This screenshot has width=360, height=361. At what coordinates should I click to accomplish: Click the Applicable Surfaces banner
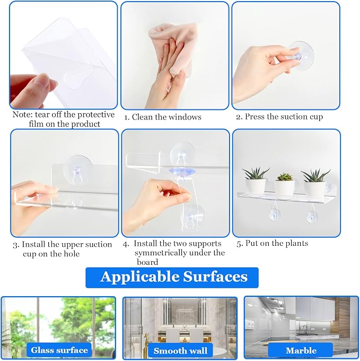coord(172,278)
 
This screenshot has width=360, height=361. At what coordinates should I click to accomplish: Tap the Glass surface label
coord(59,350)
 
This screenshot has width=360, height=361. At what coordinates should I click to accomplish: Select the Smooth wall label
coord(180,350)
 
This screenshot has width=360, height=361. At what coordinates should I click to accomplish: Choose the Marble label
coord(301,350)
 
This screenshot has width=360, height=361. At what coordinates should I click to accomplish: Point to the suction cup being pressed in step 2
coord(300,56)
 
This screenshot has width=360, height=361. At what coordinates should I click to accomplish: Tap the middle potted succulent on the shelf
coord(284,186)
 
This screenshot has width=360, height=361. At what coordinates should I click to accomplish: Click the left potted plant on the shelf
coord(255,182)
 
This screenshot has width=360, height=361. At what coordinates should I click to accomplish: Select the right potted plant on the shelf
coord(315,185)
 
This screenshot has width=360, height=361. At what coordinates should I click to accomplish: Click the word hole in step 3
coord(72,254)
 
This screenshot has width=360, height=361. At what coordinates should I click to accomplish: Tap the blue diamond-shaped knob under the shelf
coord(182,171)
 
